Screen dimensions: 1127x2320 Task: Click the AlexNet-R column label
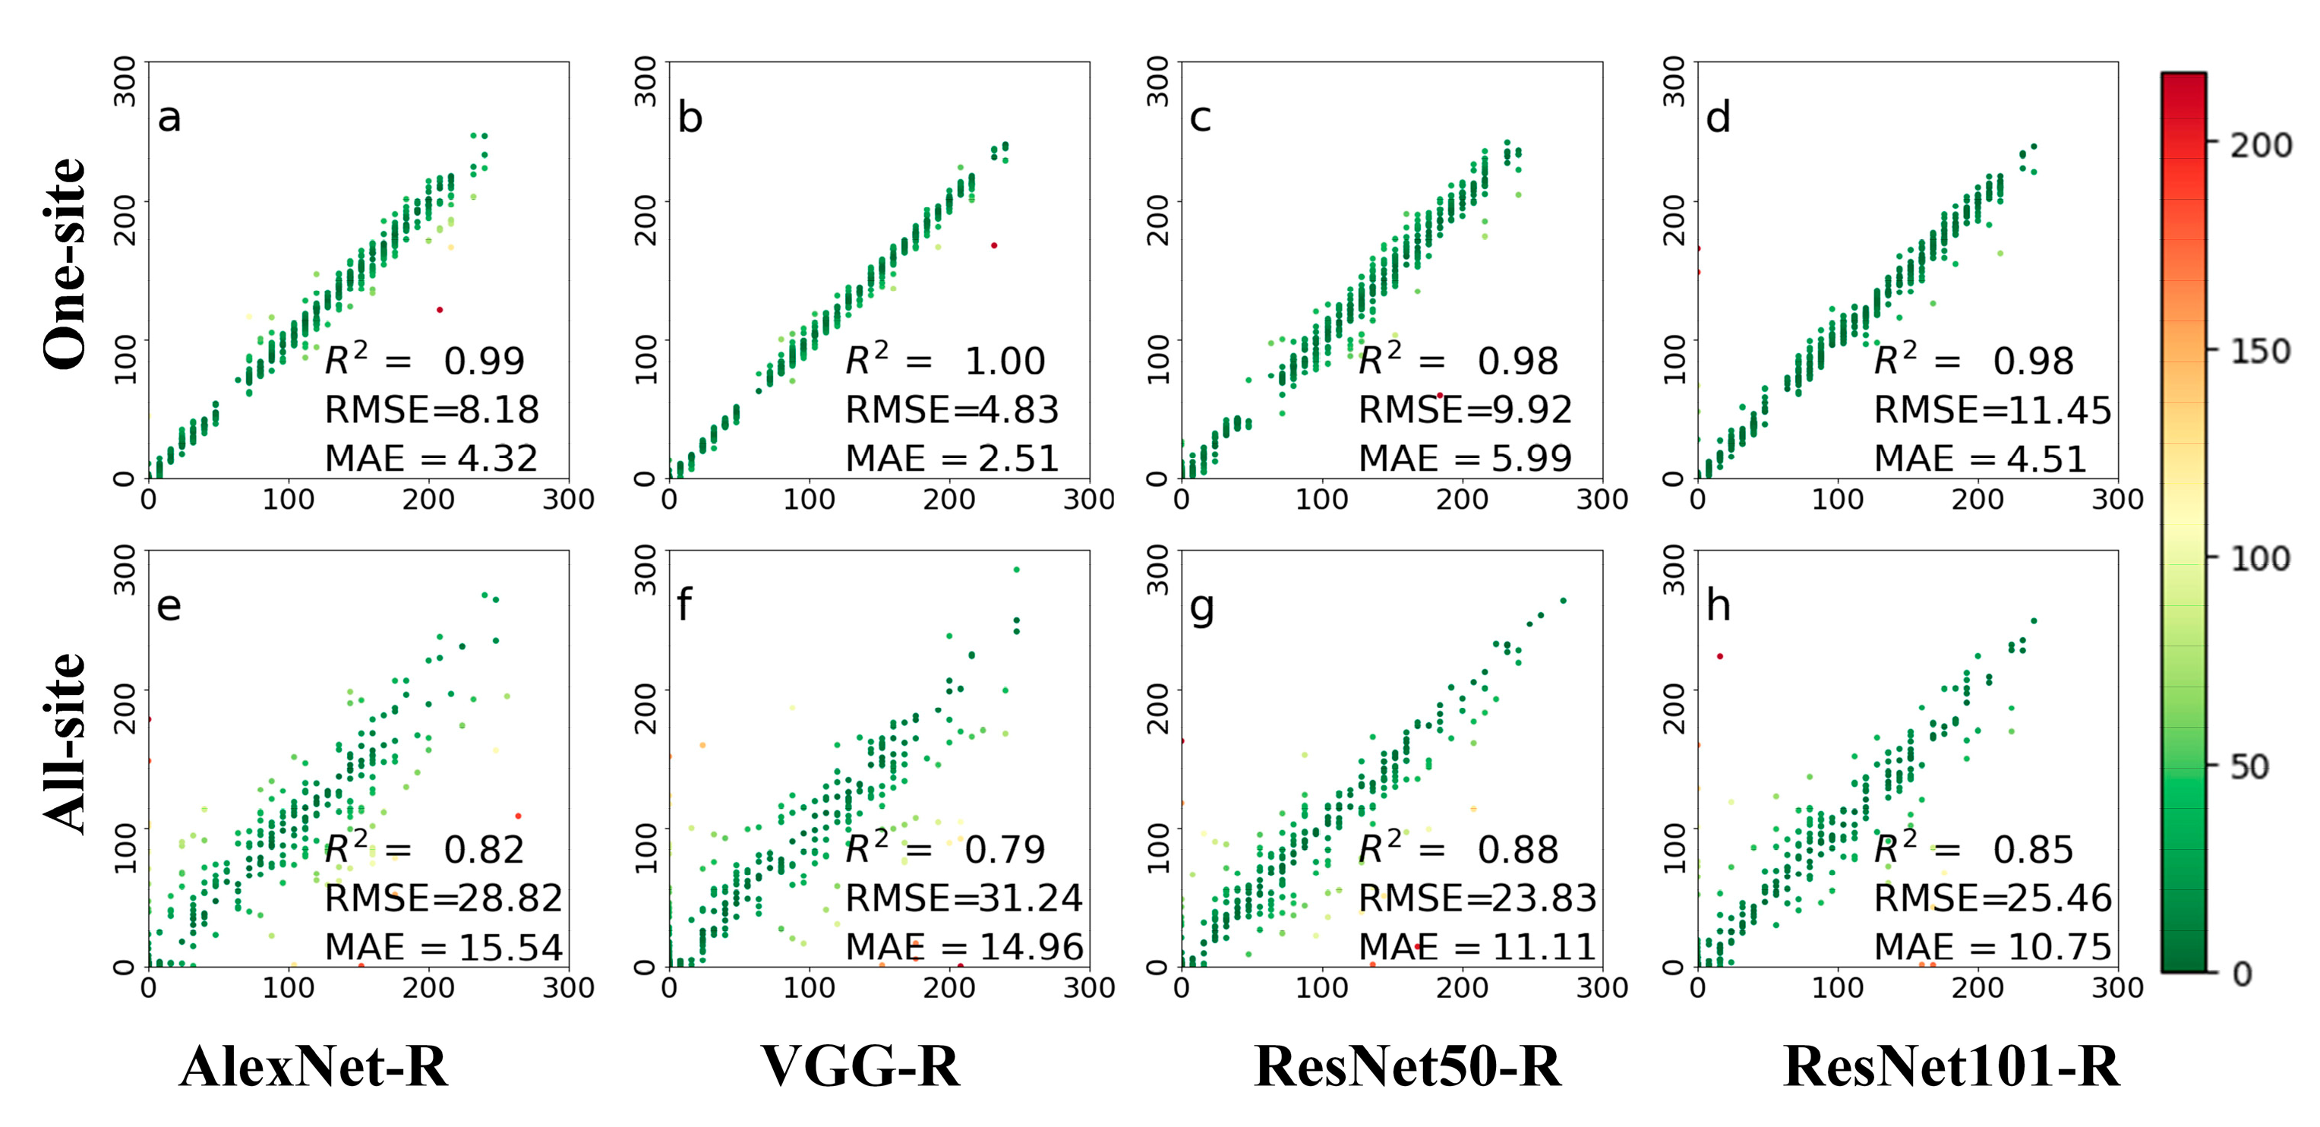point(314,1067)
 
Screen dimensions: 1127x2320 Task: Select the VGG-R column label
point(860,1067)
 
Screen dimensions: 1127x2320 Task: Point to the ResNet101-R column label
point(1951,1067)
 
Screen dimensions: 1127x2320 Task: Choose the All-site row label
point(65,743)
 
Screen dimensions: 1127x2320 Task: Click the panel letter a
point(169,118)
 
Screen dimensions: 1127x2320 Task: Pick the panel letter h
point(1719,605)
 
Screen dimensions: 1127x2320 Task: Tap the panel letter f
point(684,605)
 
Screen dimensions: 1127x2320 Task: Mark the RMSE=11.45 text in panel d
point(1992,410)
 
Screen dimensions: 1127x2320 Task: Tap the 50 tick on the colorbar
point(2248,766)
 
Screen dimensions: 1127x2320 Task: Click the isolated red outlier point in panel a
point(440,310)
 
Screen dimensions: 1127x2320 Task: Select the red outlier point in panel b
point(994,245)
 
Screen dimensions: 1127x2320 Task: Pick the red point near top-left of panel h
point(1719,656)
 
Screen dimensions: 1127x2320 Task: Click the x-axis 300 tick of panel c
point(1602,499)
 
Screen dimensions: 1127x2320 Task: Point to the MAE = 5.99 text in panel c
point(1464,459)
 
